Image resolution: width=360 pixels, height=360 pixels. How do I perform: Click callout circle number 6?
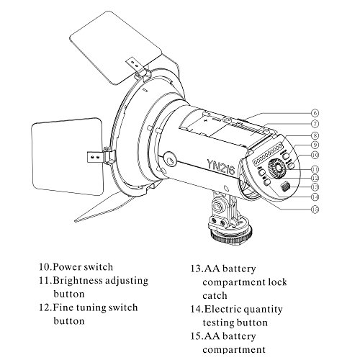click(x=315, y=113)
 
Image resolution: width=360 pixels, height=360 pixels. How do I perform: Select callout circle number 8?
click(x=315, y=135)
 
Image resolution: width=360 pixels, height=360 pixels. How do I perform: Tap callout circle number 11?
click(x=315, y=169)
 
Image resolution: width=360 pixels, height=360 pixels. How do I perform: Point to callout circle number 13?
click(x=315, y=186)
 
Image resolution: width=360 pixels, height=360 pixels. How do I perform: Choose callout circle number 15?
click(x=315, y=210)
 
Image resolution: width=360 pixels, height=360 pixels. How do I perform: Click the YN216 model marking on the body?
click(x=221, y=166)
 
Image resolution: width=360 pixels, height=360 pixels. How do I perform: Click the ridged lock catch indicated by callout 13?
click(x=285, y=186)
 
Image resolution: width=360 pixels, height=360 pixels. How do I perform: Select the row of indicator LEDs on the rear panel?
click(x=267, y=154)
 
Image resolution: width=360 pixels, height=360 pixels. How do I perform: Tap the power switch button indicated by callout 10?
click(x=291, y=166)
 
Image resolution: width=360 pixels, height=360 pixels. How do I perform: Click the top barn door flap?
click(x=116, y=48)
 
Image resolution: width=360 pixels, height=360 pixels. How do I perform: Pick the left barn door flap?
click(x=68, y=156)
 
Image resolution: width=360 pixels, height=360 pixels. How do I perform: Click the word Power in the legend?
click(x=68, y=267)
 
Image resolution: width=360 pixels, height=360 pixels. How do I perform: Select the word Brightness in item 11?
click(x=77, y=281)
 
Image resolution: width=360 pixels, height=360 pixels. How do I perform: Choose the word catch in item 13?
click(x=215, y=295)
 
